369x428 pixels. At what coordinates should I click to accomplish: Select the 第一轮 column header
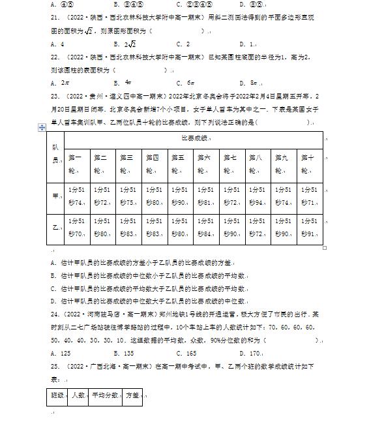(x=76, y=164)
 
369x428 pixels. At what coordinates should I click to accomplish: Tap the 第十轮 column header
(x=309, y=164)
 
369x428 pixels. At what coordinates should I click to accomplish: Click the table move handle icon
(x=43, y=127)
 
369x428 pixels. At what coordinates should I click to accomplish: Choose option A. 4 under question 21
(x=57, y=44)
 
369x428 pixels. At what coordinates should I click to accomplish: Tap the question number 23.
(x=55, y=95)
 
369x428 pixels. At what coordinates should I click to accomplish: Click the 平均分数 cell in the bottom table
(x=106, y=395)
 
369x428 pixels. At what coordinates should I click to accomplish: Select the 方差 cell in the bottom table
(x=132, y=395)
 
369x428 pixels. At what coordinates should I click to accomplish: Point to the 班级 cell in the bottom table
(x=57, y=395)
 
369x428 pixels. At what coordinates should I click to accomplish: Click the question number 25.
(x=55, y=366)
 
